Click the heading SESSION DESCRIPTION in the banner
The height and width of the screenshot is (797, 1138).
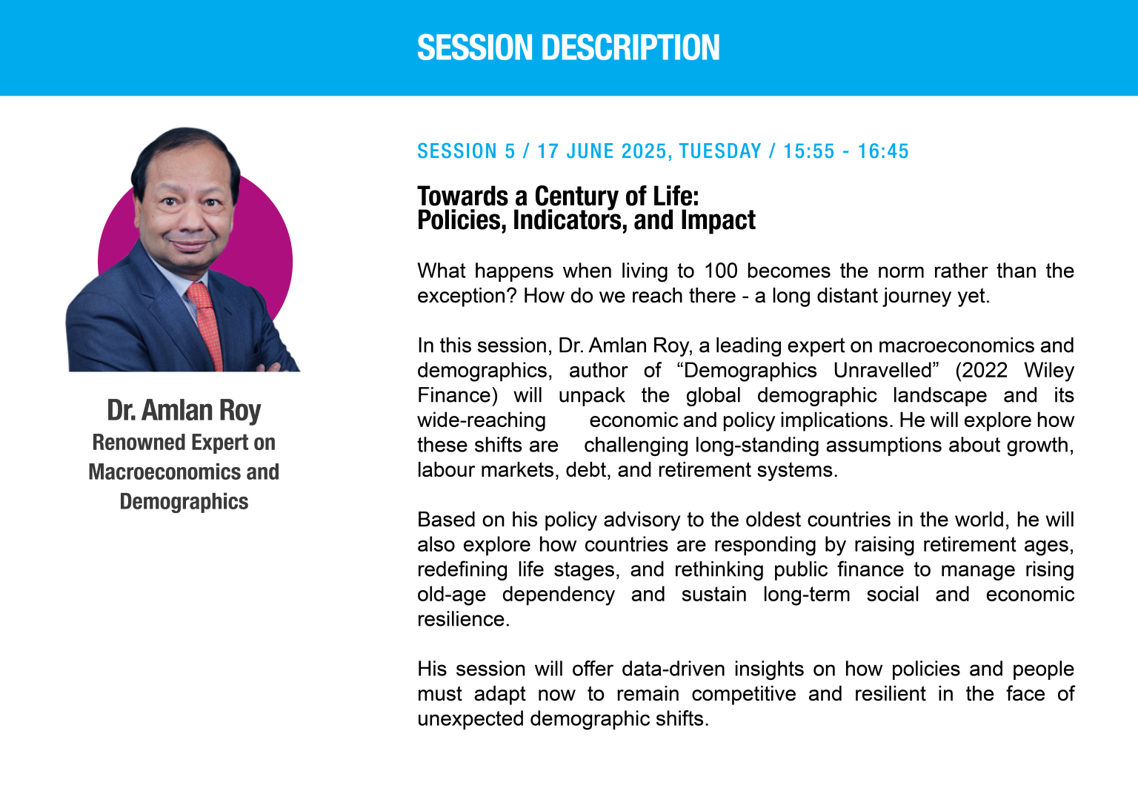click(568, 47)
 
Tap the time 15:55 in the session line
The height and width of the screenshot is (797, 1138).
click(809, 151)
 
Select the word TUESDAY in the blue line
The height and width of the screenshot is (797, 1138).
click(720, 151)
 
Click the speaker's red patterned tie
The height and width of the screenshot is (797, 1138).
click(206, 325)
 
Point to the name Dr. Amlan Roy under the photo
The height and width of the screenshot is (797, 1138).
click(184, 410)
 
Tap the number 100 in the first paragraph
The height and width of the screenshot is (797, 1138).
click(720, 271)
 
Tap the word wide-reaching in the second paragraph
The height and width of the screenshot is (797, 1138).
click(482, 421)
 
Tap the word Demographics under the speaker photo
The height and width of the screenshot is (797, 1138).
click(184, 502)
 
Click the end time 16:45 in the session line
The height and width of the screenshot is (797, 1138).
click(883, 151)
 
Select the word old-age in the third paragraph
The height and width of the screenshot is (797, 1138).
click(452, 595)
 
